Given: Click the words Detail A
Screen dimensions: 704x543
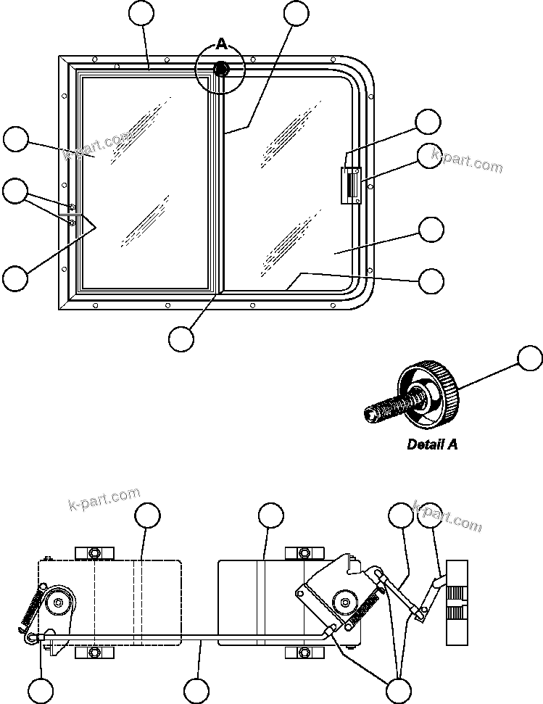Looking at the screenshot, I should pyautogui.click(x=432, y=444).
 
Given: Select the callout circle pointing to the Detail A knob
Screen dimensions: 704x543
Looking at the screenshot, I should pyautogui.click(x=530, y=358).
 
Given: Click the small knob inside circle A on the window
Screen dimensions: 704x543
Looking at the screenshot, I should pyautogui.click(x=222, y=70).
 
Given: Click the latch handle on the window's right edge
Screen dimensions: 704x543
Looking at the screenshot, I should pyautogui.click(x=352, y=186).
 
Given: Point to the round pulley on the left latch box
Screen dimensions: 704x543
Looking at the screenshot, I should pyautogui.click(x=57, y=601).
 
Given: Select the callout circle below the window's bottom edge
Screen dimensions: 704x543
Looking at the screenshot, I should pyautogui.click(x=181, y=337).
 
